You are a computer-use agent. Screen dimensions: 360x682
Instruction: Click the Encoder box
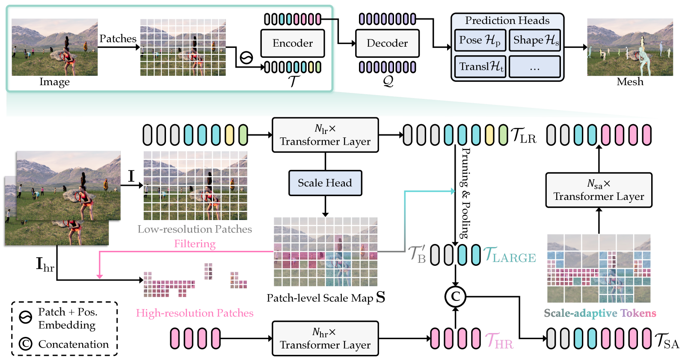point(293,43)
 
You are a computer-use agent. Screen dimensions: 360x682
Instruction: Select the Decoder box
point(387,43)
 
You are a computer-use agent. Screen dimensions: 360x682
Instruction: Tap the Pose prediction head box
point(480,40)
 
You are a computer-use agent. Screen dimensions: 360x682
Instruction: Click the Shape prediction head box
point(535,40)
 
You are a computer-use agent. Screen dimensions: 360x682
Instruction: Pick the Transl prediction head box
point(480,67)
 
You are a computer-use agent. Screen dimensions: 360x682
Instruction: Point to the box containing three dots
point(535,67)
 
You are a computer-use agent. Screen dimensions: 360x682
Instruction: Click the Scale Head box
point(325,183)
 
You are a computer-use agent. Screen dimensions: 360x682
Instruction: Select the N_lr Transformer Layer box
point(325,135)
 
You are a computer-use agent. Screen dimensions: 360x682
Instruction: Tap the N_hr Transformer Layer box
point(325,339)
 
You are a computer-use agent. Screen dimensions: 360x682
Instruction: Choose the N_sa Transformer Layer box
point(599,190)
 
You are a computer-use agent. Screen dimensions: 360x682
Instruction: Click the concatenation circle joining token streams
point(455,296)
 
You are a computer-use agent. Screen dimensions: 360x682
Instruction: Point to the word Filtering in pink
point(195,244)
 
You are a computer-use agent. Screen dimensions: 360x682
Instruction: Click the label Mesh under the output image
point(630,82)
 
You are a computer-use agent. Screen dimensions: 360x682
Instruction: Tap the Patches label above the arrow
point(118,39)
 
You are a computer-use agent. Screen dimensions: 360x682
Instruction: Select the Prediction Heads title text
point(507,21)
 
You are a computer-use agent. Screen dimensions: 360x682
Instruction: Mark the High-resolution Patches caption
point(195,313)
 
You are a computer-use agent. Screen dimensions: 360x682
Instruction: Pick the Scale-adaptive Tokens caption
point(600,313)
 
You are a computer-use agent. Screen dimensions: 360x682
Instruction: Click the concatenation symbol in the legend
point(26,344)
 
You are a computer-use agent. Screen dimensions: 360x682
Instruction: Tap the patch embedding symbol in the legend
point(26,317)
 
